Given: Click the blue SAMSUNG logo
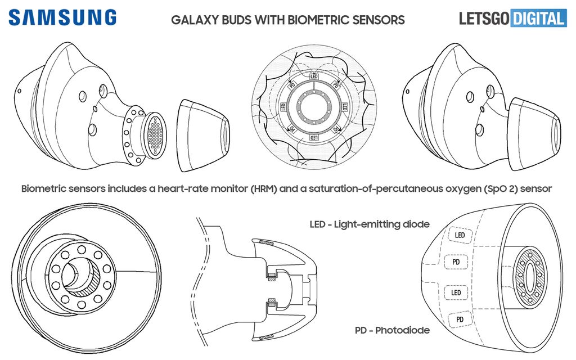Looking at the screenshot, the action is click(62, 17).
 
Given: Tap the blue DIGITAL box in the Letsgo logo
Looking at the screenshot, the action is click(538, 18).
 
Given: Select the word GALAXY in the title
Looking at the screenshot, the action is click(194, 20).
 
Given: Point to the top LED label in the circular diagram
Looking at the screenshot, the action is click(314, 76).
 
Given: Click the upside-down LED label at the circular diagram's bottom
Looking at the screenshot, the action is click(314, 137).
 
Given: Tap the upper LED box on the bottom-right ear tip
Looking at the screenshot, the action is click(460, 235).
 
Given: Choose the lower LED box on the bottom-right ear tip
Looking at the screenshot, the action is click(456, 292).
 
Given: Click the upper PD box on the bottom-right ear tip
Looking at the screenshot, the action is click(456, 262).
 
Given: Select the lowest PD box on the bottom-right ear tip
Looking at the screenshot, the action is click(460, 319).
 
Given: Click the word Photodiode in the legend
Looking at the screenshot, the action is click(402, 330).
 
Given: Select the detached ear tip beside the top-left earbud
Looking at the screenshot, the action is click(202, 135).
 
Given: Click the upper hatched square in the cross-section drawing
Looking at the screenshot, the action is click(272, 276).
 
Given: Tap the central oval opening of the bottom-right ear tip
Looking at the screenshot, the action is click(529, 277).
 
